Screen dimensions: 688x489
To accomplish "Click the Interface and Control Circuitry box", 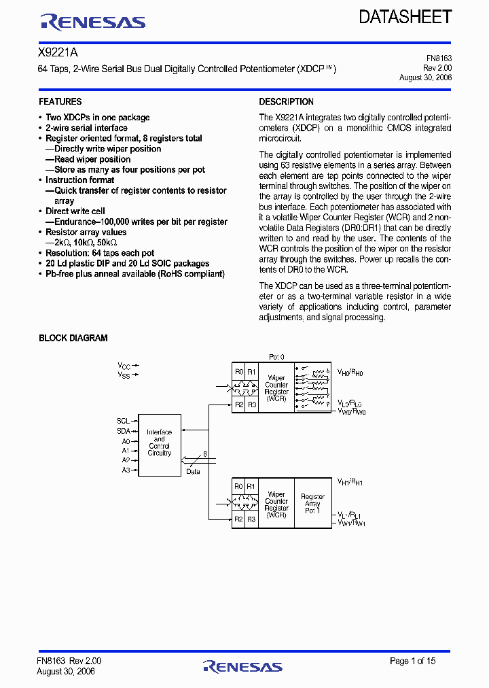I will point(160,443).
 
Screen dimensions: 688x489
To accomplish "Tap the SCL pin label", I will point(123,420).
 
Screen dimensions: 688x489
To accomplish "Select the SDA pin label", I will point(123,430).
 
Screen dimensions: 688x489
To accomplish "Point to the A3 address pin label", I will point(125,470).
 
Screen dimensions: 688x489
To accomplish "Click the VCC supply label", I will point(124,366).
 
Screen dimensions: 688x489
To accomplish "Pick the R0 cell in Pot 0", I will point(238,372).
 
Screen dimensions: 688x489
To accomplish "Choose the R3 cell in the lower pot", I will point(251,520).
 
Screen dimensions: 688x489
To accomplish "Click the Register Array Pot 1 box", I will point(312,503).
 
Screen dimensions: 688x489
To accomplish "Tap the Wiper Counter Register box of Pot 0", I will point(276,388).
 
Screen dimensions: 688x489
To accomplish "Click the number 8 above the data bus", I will point(204,454).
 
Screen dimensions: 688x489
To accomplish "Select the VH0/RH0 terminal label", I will point(351,373).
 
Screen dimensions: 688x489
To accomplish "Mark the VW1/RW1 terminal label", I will point(352,524).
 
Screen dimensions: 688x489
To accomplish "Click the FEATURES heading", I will point(60,102).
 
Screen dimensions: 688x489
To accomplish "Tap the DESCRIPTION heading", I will point(286,102).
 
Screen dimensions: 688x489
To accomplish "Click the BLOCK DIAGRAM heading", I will point(73,338).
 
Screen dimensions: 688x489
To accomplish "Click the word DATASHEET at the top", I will point(405,17).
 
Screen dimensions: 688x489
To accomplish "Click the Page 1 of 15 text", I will point(412,661).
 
